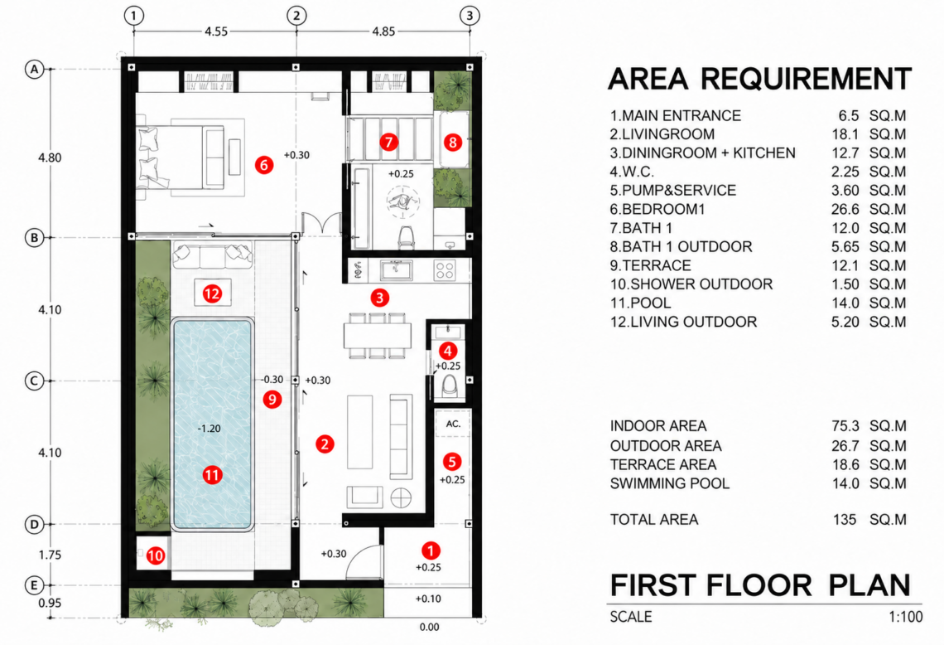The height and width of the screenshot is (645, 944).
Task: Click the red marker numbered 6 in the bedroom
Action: pyautogui.click(x=263, y=164)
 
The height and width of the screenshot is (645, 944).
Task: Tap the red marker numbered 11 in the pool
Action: pyautogui.click(x=211, y=475)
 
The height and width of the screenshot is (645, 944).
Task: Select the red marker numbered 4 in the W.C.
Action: pyautogui.click(x=447, y=350)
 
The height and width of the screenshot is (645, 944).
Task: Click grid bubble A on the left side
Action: pyautogui.click(x=34, y=70)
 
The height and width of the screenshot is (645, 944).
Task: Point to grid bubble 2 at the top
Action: pyautogui.click(x=296, y=16)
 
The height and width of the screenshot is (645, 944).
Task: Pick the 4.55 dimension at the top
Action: pyautogui.click(x=215, y=31)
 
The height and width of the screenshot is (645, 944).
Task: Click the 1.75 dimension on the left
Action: pyautogui.click(x=50, y=555)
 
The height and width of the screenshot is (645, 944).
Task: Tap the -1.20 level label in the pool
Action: pyautogui.click(x=209, y=429)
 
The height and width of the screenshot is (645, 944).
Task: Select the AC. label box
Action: pyautogui.click(x=453, y=424)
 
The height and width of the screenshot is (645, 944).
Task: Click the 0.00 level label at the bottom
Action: pyautogui.click(x=429, y=627)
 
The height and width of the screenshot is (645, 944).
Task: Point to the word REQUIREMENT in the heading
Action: pyautogui.click(x=807, y=79)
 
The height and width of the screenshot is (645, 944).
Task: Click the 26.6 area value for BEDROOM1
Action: pyautogui.click(x=845, y=209)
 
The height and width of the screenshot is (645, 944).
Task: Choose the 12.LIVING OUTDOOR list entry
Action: pyautogui.click(x=683, y=322)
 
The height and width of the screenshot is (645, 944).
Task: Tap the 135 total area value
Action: pyautogui.click(x=845, y=520)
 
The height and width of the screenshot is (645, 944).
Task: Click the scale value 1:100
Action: pyautogui.click(x=905, y=617)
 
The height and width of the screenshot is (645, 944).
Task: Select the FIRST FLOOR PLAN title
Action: pyautogui.click(x=760, y=584)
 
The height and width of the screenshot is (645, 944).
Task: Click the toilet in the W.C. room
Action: pyautogui.click(x=449, y=386)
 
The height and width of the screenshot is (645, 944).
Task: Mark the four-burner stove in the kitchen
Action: pyautogui.click(x=445, y=270)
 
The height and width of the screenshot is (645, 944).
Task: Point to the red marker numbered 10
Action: pyautogui.click(x=156, y=555)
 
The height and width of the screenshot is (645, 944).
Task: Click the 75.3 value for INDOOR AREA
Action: pyautogui.click(x=845, y=426)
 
